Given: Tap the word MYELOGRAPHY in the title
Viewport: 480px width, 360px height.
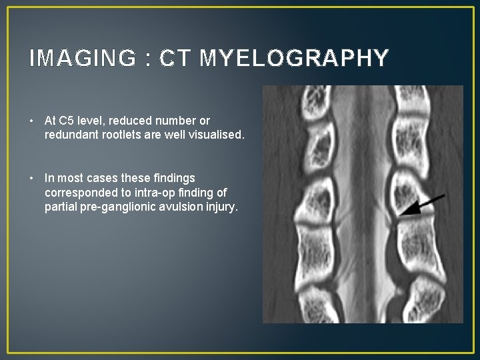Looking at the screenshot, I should point(294,59).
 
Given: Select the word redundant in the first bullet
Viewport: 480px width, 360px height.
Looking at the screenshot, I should point(68,135).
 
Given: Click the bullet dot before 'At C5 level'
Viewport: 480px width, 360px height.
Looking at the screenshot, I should point(33,121).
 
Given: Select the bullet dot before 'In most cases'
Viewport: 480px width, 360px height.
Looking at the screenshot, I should point(33,178).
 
